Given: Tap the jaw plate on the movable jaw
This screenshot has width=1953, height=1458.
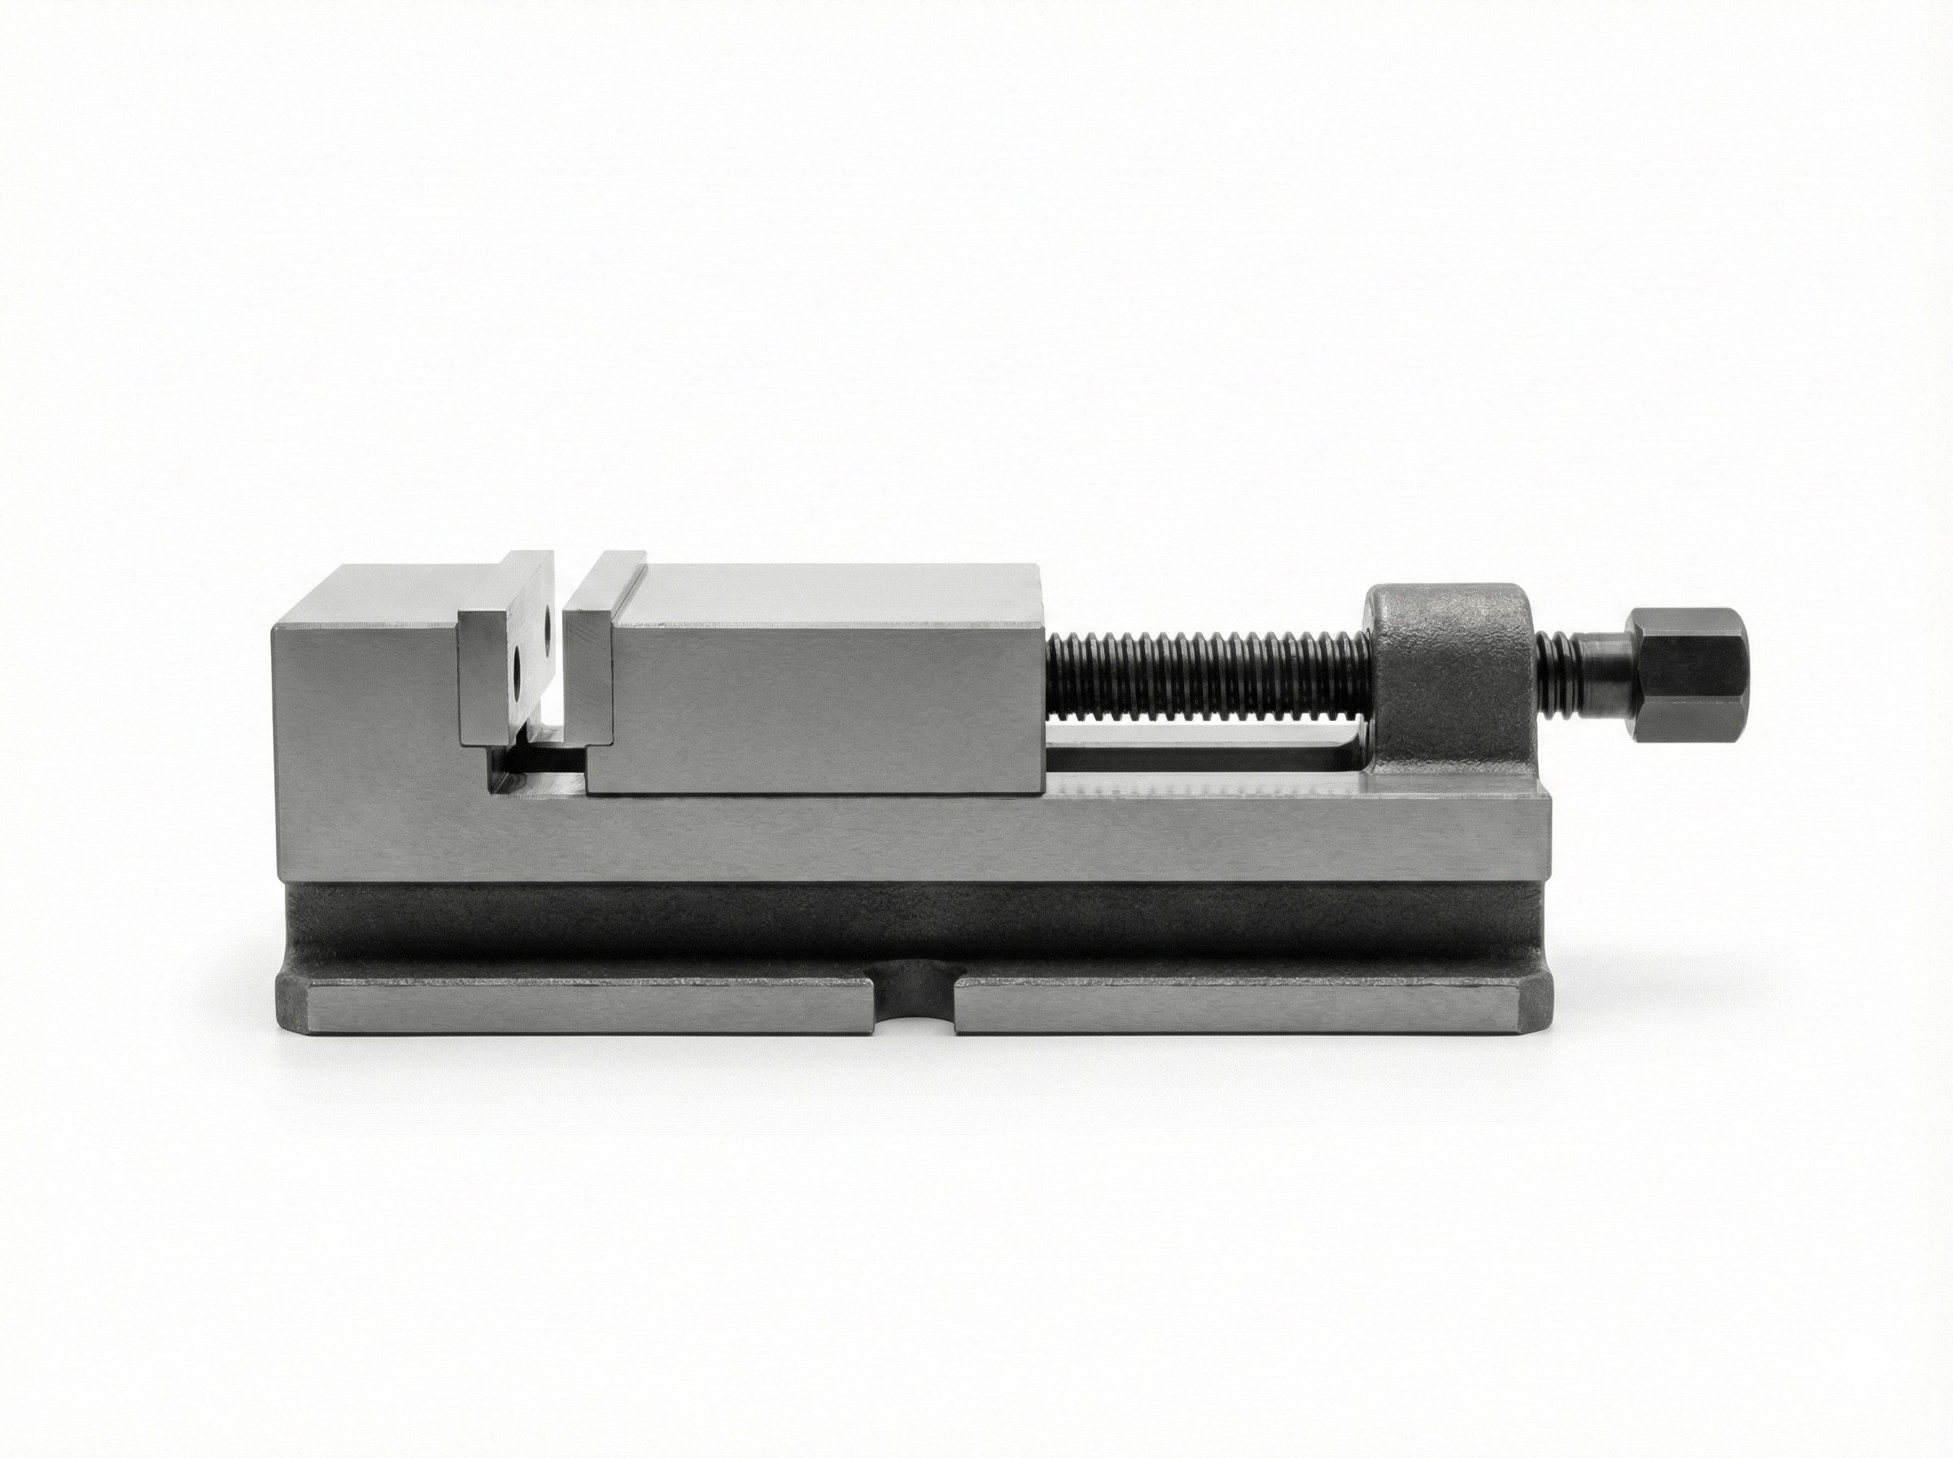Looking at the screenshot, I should [x=588, y=670].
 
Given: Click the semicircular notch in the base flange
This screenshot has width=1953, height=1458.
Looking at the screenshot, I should [x=915, y=1006].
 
